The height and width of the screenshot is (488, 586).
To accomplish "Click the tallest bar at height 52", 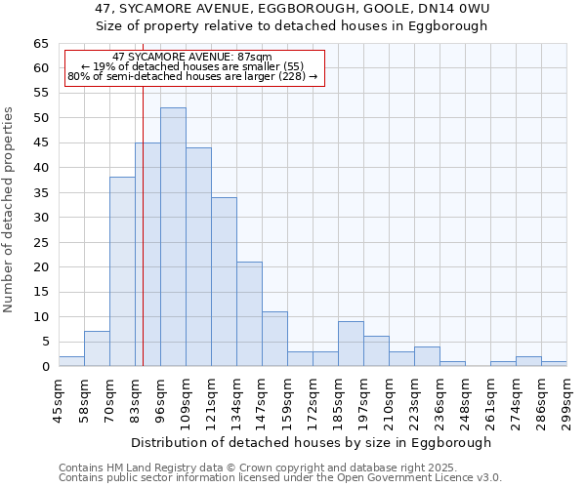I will [x=173, y=237].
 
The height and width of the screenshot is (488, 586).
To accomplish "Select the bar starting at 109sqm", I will [x=198, y=257].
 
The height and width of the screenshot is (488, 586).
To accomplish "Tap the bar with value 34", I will [x=224, y=282].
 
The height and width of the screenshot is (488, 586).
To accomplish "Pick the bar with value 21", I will [x=249, y=314].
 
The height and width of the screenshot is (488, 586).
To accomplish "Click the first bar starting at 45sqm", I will [x=71, y=361].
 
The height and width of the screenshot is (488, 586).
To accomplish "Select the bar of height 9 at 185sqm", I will [x=351, y=344].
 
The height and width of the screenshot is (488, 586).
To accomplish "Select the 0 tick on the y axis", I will [x=44, y=367].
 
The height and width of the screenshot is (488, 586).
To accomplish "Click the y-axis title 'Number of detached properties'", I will [x=9, y=210].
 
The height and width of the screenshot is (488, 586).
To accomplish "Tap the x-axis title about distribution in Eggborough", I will [x=311, y=442].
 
